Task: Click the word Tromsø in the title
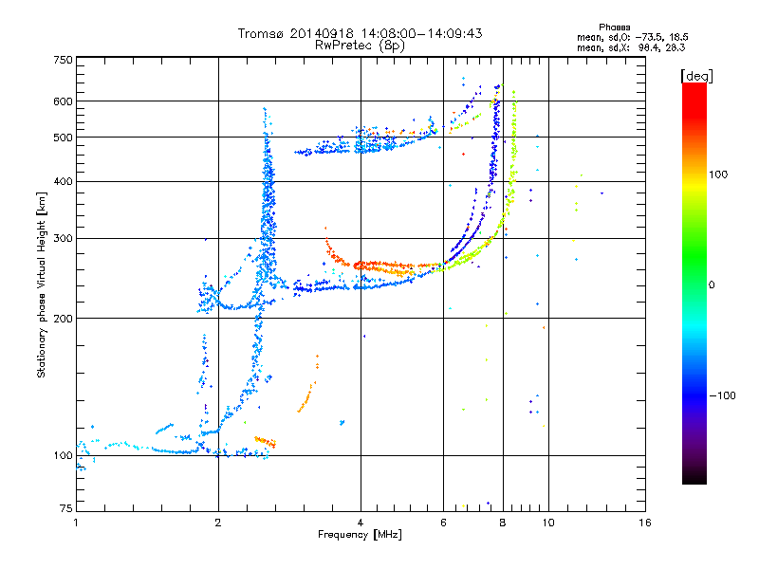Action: [261, 33]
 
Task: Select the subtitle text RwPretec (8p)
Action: [360, 46]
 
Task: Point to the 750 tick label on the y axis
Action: [64, 60]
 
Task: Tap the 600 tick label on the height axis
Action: [64, 101]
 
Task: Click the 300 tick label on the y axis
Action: [64, 238]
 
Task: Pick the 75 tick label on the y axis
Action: [66, 508]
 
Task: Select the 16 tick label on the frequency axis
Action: [645, 523]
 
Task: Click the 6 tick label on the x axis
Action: [443, 523]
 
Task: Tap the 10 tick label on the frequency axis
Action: [548, 523]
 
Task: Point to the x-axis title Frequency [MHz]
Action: [360, 535]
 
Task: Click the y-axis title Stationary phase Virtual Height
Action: [42, 284]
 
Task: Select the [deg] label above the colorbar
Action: [696, 77]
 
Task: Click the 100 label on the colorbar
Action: [718, 174]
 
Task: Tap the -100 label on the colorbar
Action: [723, 395]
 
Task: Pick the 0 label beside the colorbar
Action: [712, 285]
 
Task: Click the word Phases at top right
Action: [614, 28]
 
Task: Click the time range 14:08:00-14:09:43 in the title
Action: [421, 33]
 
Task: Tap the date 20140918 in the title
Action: [322, 33]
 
